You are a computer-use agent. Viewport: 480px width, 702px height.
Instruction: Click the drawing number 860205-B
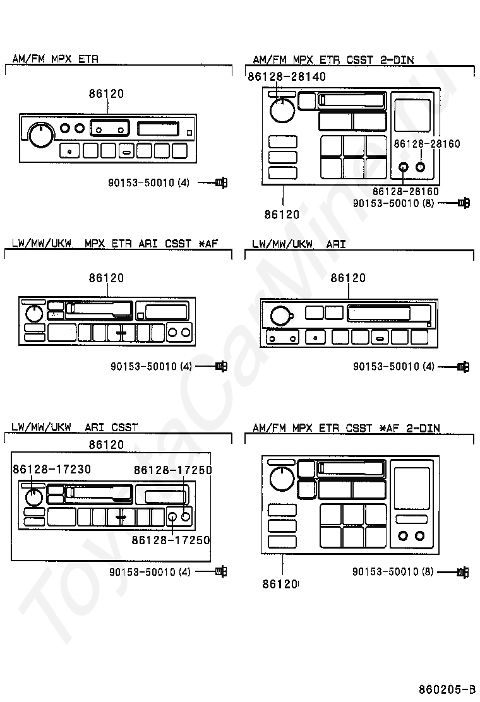coord(447,689)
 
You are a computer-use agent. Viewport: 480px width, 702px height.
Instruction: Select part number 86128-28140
coord(287,76)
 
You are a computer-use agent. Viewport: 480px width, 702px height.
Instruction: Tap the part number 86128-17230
coord(52,469)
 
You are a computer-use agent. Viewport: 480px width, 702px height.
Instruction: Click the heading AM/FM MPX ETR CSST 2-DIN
coord(333,59)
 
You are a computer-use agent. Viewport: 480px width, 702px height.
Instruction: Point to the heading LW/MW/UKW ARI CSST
coord(75,427)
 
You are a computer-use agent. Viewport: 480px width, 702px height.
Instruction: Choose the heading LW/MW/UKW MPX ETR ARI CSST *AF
coord(114,244)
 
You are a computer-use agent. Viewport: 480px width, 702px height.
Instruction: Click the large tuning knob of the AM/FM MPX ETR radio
coord(41,134)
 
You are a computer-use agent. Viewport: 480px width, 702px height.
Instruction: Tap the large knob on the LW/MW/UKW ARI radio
coord(281,316)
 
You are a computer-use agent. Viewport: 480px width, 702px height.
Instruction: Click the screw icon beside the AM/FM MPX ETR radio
coord(221,182)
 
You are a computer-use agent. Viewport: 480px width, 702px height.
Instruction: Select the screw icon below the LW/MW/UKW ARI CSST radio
coord(221,572)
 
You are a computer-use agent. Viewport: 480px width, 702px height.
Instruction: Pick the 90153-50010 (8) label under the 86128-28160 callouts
coord(393,203)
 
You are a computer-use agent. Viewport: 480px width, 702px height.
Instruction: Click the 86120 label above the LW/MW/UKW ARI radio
coord(348,278)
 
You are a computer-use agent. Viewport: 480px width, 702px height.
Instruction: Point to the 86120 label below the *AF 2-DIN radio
coord(280,584)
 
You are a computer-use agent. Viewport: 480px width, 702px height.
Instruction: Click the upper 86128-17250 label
coord(173,470)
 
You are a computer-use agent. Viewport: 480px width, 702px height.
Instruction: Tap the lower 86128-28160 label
coord(405,192)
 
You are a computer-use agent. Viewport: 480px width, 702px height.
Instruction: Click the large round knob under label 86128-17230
coord(33,497)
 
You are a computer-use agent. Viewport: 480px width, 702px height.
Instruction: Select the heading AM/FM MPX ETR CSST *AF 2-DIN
coord(346,428)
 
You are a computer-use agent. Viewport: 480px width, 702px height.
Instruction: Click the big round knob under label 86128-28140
coord(282,110)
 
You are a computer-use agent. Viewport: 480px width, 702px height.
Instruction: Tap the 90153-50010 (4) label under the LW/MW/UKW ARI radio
coord(393,367)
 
